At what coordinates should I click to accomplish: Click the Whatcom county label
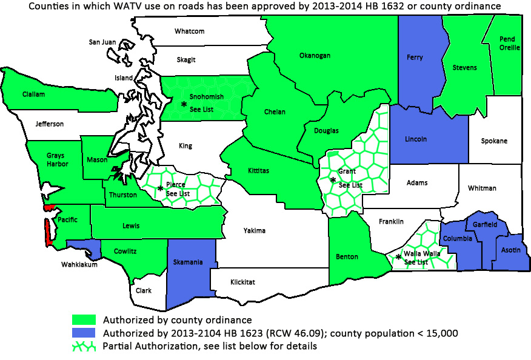pyautogui.click(x=189, y=31)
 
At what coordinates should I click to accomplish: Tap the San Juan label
pyautogui.click(x=102, y=42)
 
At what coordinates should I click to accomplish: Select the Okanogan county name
pyautogui.click(x=315, y=56)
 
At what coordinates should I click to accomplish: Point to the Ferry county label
pyautogui.click(x=415, y=58)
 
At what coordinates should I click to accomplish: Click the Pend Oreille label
pyautogui.click(x=507, y=44)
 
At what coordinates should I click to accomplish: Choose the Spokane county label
pyautogui.click(x=494, y=141)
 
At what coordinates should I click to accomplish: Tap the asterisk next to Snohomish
pyautogui.click(x=184, y=105)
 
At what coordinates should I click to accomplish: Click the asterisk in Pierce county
pyautogui.click(x=160, y=188)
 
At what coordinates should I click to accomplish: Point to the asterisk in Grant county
pyautogui.click(x=332, y=180)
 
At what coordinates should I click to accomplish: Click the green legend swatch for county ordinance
pyautogui.click(x=84, y=319)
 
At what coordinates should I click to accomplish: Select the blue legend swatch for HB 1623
pyautogui.click(x=84, y=333)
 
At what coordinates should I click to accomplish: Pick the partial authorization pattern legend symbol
pyautogui.click(x=84, y=347)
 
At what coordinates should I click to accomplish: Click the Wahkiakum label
pyautogui.click(x=79, y=264)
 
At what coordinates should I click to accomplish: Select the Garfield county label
pyautogui.click(x=486, y=224)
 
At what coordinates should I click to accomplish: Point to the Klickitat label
pyautogui.click(x=242, y=282)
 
